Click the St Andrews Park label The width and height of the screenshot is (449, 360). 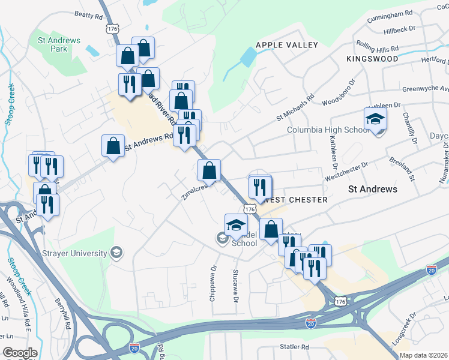[59, 44]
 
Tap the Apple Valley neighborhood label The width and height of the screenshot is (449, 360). [286, 45]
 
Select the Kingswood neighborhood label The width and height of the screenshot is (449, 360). [372, 59]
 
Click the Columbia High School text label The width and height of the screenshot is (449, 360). [327, 130]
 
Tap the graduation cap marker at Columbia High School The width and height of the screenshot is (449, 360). [375, 120]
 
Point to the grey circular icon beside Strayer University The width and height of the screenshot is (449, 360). [115, 253]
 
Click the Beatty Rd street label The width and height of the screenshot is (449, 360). [89, 14]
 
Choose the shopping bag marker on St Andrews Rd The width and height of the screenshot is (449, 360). [113, 146]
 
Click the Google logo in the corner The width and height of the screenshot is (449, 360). [20, 353]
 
